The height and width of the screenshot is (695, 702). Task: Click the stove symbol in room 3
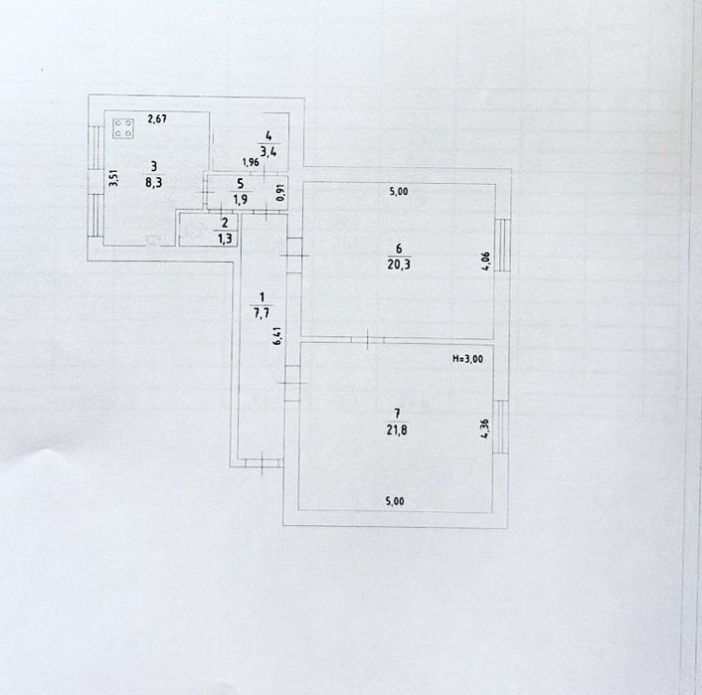point(123,128)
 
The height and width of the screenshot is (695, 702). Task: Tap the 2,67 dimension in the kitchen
point(157,119)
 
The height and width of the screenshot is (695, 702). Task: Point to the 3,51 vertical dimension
point(113,177)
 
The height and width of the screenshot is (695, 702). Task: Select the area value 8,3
point(153,183)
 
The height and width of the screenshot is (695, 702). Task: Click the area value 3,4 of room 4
point(268,151)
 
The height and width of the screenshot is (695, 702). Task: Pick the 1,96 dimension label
point(251,162)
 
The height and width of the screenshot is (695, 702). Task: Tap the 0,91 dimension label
point(280,193)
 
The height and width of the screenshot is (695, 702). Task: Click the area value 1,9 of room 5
point(241,199)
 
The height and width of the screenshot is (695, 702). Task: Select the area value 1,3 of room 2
point(225,239)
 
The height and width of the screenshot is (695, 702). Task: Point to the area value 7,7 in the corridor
point(262,312)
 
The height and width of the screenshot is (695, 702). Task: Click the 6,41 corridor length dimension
point(277,336)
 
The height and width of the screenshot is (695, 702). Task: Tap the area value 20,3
point(399,264)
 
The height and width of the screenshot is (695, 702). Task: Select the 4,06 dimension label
point(486,261)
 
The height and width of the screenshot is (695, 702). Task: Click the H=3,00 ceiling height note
point(468,359)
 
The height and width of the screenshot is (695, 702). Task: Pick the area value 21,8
point(397,431)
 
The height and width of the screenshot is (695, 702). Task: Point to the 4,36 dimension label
point(485,429)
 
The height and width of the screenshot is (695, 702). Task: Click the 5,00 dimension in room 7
point(395,501)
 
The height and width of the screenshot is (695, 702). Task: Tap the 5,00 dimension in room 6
point(399,192)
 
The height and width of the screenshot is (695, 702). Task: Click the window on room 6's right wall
point(504,245)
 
